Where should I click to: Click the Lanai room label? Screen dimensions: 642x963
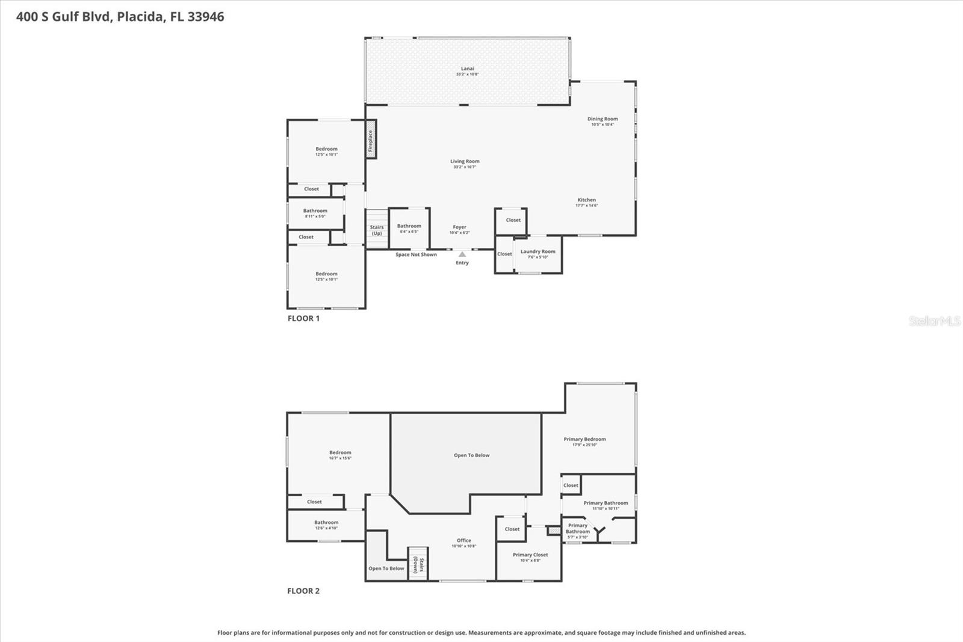click(467, 69)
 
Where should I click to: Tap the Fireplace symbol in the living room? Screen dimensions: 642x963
click(371, 140)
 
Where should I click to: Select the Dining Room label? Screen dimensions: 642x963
click(602, 119)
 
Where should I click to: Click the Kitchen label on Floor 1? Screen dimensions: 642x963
click(586, 200)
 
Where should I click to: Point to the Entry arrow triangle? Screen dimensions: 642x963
click(462, 255)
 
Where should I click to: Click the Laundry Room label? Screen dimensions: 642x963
click(537, 252)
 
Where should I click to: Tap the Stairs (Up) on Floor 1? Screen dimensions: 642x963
click(377, 229)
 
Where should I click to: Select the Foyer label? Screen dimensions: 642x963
click(459, 228)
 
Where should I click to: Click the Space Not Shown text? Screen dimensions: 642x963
click(416, 255)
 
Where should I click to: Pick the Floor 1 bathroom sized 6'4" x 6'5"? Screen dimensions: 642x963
click(409, 227)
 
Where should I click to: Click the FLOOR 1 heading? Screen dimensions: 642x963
click(303, 319)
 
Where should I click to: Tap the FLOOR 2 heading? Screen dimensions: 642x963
click(303, 591)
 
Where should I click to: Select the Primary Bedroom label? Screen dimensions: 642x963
click(584, 440)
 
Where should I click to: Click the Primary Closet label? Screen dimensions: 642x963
click(530, 555)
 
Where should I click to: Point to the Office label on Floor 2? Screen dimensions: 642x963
click(463, 541)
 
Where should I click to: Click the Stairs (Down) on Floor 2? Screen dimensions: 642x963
click(418, 565)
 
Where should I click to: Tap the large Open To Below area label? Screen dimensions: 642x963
click(471, 455)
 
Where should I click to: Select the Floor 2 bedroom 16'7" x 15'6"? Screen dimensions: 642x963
click(340, 453)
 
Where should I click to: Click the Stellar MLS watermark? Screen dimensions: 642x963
click(934, 321)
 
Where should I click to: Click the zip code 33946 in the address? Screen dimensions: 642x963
click(205, 17)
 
